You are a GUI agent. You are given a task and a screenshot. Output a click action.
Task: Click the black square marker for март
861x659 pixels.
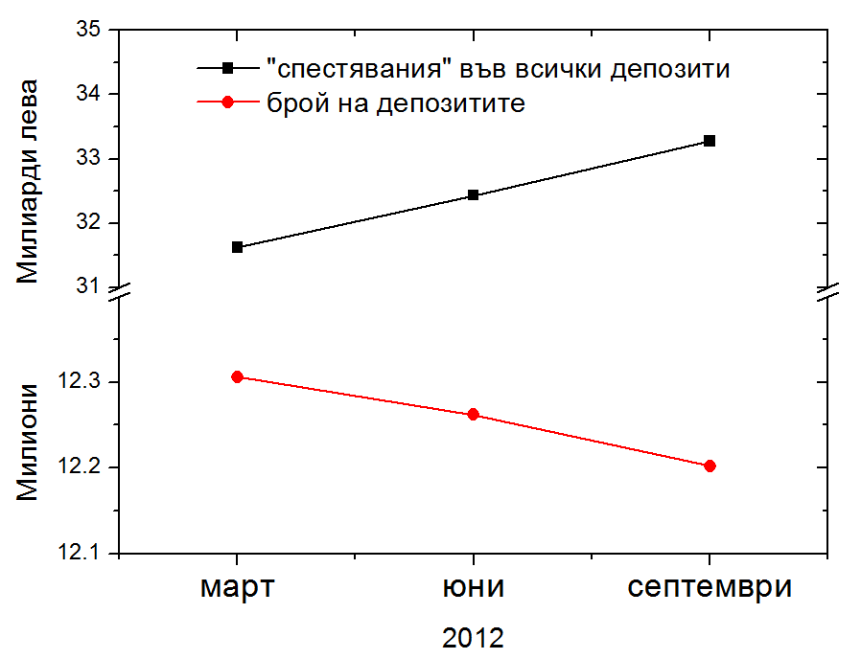[237, 247]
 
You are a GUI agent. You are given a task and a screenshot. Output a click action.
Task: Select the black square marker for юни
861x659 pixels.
[473, 195]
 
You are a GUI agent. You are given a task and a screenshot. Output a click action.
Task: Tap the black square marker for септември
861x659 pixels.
[710, 141]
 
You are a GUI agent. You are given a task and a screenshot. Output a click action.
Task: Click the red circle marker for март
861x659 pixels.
[237, 377]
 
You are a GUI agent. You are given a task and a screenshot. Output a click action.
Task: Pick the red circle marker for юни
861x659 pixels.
[473, 415]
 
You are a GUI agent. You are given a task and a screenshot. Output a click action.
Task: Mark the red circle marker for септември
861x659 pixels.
[710, 466]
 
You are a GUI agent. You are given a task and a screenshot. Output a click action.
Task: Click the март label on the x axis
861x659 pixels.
[237, 587]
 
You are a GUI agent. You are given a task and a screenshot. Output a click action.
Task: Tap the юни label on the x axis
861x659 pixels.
[473, 587]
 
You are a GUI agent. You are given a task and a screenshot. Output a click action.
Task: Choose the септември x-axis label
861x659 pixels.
[710, 587]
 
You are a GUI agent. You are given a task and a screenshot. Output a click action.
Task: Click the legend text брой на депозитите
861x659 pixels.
[396, 103]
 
